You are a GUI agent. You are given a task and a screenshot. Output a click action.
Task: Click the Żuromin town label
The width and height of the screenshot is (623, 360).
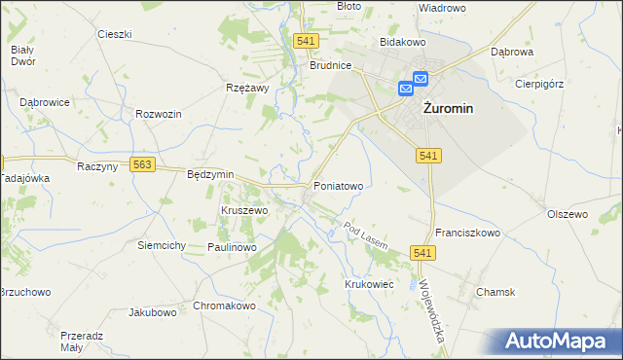[449, 109]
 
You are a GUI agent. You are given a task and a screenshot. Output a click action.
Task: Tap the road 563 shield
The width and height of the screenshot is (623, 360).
[143, 165]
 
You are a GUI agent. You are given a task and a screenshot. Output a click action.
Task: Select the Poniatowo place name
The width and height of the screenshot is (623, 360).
[338, 185]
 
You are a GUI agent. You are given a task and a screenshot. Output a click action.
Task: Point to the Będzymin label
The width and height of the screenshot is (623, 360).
[210, 174]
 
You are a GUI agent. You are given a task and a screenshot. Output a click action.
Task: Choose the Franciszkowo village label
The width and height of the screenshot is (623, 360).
[467, 234]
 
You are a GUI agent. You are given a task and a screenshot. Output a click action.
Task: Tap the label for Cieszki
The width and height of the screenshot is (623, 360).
[115, 34]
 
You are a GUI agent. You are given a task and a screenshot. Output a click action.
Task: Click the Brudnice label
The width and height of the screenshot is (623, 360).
[330, 66]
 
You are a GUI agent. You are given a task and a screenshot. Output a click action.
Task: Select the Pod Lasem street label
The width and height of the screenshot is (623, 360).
[367, 234]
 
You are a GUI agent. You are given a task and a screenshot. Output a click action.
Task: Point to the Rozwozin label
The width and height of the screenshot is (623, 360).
[160, 114]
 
